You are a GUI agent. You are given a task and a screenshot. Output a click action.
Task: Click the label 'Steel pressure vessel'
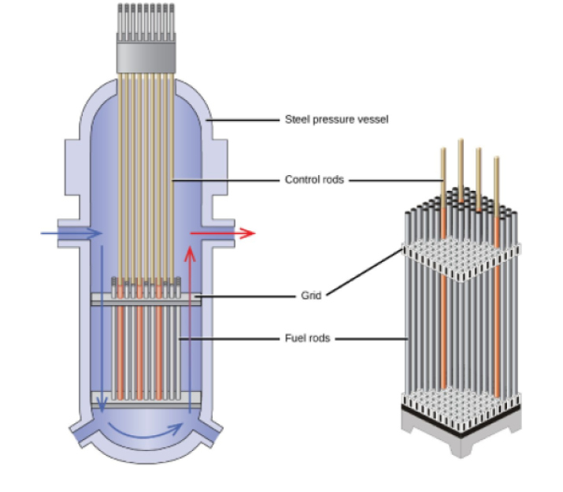pyautogui.click(x=336, y=120)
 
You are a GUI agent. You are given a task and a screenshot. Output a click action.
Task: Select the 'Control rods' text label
pyautogui.click(x=314, y=180)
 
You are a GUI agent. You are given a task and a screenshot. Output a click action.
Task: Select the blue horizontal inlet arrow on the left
pyautogui.click(x=71, y=233)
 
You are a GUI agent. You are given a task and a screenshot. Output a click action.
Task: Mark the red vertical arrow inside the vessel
pyautogui.click(x=189, y=331)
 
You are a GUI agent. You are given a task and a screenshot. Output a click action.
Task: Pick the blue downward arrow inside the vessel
pyautogui.click(x=101, y=331)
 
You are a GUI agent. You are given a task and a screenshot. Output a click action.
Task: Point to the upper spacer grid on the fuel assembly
pyautogui.click(x=461, y=260)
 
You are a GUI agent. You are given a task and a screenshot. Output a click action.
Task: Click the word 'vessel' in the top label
pyautogui.click(x=373, y=120)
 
